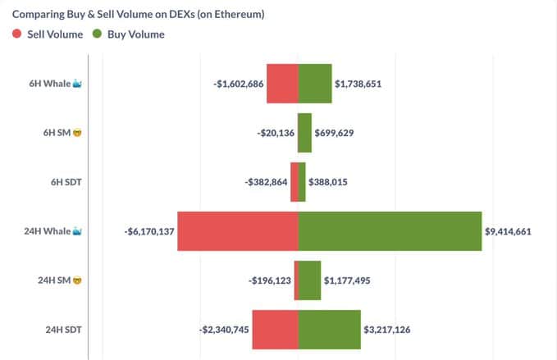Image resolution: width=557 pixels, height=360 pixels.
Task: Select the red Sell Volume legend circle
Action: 17,34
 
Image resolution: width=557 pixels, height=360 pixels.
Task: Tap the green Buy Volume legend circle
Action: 97,34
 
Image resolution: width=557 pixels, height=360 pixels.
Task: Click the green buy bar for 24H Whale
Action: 390,231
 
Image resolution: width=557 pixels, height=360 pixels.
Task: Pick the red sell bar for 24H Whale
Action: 238,231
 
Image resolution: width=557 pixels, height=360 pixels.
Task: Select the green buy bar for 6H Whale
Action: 315,84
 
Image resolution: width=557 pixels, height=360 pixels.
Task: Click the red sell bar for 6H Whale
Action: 282,84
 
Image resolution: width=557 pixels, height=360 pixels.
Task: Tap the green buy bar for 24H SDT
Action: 329,330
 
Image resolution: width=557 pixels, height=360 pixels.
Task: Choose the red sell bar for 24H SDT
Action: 275,330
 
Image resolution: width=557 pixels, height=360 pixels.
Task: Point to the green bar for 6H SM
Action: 304,133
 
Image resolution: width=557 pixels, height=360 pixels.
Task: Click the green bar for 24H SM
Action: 309,280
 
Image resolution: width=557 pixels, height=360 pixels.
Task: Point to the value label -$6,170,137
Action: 148,231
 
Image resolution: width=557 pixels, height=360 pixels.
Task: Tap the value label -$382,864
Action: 267,182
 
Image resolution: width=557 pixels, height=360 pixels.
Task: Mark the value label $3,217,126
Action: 386,330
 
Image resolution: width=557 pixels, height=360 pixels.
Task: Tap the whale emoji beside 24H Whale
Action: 78,231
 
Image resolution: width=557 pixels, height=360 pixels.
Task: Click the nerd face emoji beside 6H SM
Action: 76,133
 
